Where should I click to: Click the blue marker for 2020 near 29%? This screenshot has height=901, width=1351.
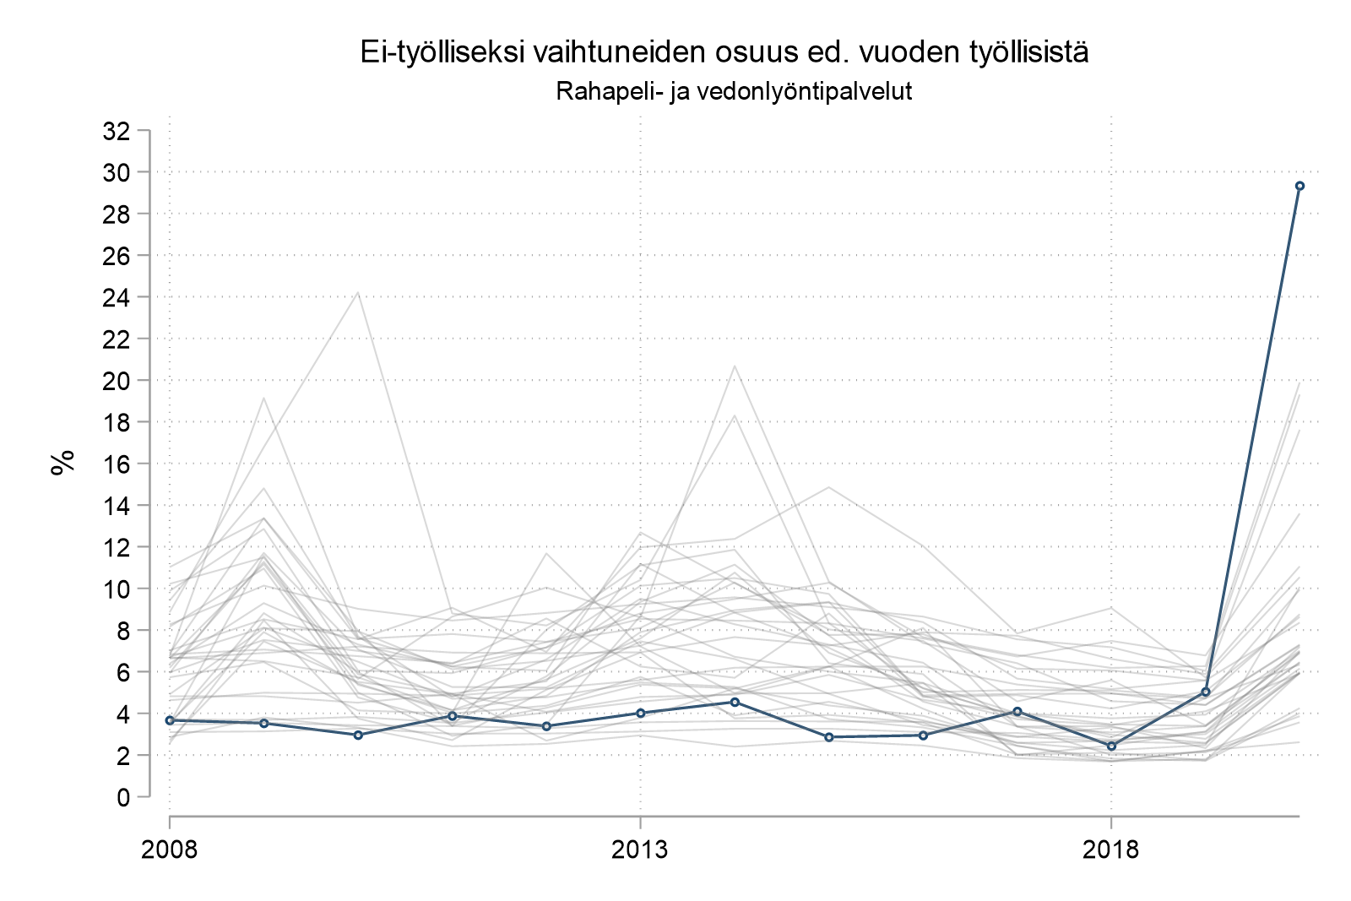[1299, 186]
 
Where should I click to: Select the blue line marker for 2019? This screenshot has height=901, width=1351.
[1206, 692]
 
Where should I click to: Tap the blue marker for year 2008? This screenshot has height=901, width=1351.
[170, 720]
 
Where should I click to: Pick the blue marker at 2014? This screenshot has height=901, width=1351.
[735, 702]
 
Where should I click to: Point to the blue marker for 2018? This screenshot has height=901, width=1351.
[1111, 746]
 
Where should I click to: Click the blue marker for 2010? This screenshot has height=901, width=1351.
[358, 735]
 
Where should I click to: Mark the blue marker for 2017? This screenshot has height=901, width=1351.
[1017, 712]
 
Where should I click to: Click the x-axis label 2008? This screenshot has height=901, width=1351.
[170, 849]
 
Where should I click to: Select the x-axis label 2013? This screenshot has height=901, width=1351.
[640, 849]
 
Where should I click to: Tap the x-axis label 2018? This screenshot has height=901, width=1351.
[1111, 849]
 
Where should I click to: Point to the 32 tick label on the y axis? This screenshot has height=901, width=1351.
[116, 131]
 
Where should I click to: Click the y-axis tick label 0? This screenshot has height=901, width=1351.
[123, 796]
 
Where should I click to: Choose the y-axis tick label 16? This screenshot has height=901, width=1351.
[116, 464]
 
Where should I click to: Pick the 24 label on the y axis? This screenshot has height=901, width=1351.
[116, 297]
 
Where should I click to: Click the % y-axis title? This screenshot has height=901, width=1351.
[62, 463]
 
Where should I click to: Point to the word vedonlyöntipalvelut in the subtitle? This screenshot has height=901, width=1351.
[803, 91]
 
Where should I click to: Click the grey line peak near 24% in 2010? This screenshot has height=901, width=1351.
[358, 293]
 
